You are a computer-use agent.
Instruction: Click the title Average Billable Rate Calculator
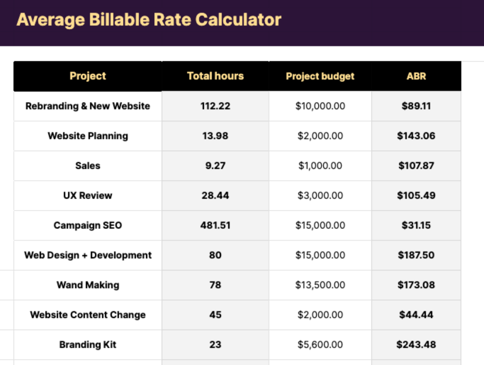(x=148, y=20)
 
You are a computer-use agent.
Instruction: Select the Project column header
(x=88, y=76)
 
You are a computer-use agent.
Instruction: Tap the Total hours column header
(x=215, y=76)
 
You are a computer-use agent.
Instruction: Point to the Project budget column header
(x=320, y=76)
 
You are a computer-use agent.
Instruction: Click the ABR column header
(x=416, y=76)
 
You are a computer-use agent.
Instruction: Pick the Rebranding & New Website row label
(x=88, y=106)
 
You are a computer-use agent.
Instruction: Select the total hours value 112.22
(x=215, y=106)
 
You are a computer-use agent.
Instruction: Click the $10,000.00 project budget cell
(x=320, y=106)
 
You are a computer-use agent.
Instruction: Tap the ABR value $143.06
(x=416, y=136)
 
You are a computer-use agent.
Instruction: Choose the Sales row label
(x=88, y=166)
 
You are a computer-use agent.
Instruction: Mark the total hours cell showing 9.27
(x=215, y=166)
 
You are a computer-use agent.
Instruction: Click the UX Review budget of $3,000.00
(x=320, y=196)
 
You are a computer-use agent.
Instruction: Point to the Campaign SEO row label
(x=88, y=225)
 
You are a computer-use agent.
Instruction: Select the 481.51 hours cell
(x=215, y=225)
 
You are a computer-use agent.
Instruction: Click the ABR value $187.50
(x=416, y=255)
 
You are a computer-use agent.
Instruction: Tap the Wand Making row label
(x=88, y=285)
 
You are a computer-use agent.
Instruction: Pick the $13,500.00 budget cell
(x=320, y=285)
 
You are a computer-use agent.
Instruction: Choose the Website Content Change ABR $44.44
(x=416, y=315)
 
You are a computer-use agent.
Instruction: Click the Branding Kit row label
(x=88, y=345)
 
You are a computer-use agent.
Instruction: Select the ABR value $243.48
(x=416, y=345)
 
